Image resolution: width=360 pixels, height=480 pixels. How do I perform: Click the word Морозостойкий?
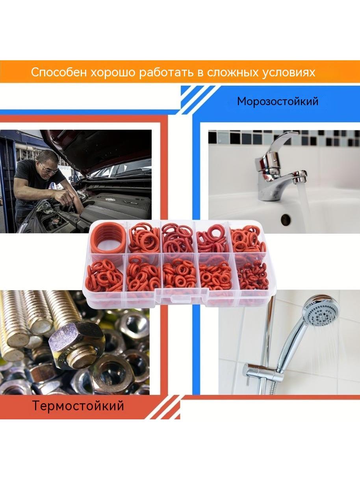(278, 102)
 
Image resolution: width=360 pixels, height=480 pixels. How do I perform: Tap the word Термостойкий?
(78, 406)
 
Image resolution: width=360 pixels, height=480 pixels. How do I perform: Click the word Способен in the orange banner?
(59, 72)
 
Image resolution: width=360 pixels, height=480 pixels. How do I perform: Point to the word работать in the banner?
(167, 72)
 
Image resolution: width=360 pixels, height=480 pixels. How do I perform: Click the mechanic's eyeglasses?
(48, 169)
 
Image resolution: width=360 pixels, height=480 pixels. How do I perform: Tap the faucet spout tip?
(302, 180)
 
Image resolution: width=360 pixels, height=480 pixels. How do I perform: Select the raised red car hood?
(96, 149)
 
